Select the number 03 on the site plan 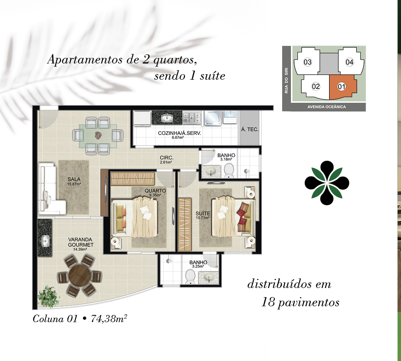(307, 62)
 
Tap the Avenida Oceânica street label (327, 107)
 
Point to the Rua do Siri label (286, 80)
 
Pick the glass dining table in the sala (98, 136)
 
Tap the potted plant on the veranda (48, 296)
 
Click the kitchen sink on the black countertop (167, 118)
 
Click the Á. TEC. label (250, 129)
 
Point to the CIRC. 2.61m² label (166, 159)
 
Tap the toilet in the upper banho (229, 171)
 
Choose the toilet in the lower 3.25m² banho (190, 277)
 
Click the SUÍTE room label (203, 213)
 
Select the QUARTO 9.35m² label (155, 192)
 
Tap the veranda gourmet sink (46, 241)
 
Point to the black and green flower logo (327, 183)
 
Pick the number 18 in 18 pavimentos (268, 302)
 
